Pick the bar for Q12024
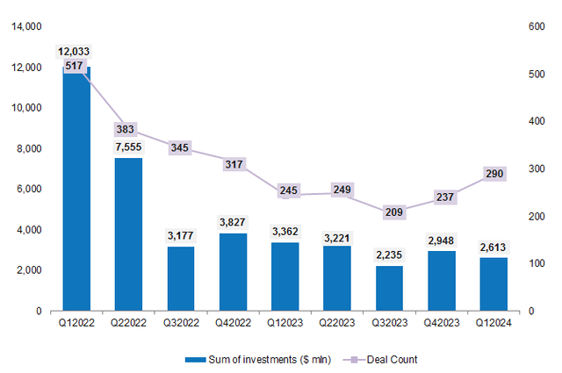pyautogui.click(x=494, y=284)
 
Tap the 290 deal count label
pyautogui.click(x=494, y=175)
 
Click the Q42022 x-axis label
pyautogui.click(x=233, y=322)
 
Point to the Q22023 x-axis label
pyautogui.click(x=336, y=322)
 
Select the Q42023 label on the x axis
pyautogui.click(x=441, y=322)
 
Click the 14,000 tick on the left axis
pyautogui.click(x=30, y=27)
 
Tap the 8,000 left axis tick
pyautogui.click(x=32, y=149)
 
